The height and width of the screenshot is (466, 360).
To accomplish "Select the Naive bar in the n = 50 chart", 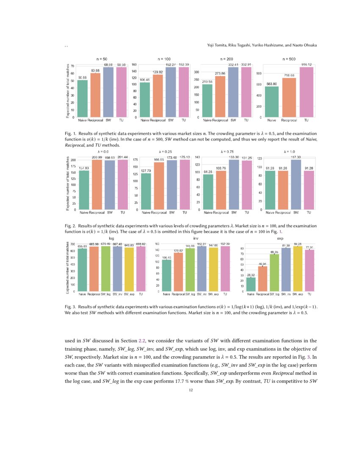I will (83, 98).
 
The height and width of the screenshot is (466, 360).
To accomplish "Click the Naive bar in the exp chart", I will (251, 284).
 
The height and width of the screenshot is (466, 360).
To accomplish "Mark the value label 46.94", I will (263, 264).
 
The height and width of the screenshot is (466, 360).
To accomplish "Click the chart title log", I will (111, 239).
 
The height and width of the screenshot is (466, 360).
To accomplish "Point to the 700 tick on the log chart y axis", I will (73, 244).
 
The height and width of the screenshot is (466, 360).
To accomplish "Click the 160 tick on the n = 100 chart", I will (134, 65).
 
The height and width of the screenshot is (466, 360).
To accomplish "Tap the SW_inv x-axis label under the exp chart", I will (286, 294).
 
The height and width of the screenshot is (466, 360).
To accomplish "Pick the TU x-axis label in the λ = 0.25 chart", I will (185, 212).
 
